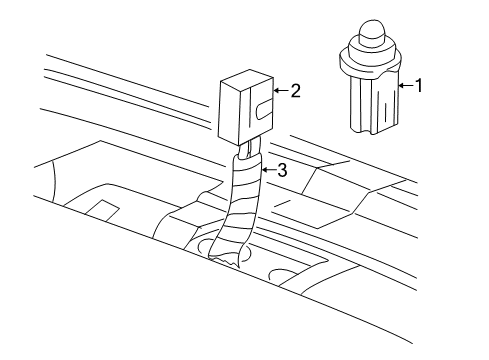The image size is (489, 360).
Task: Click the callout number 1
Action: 419,86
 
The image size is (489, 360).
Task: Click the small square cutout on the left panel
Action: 100,208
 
